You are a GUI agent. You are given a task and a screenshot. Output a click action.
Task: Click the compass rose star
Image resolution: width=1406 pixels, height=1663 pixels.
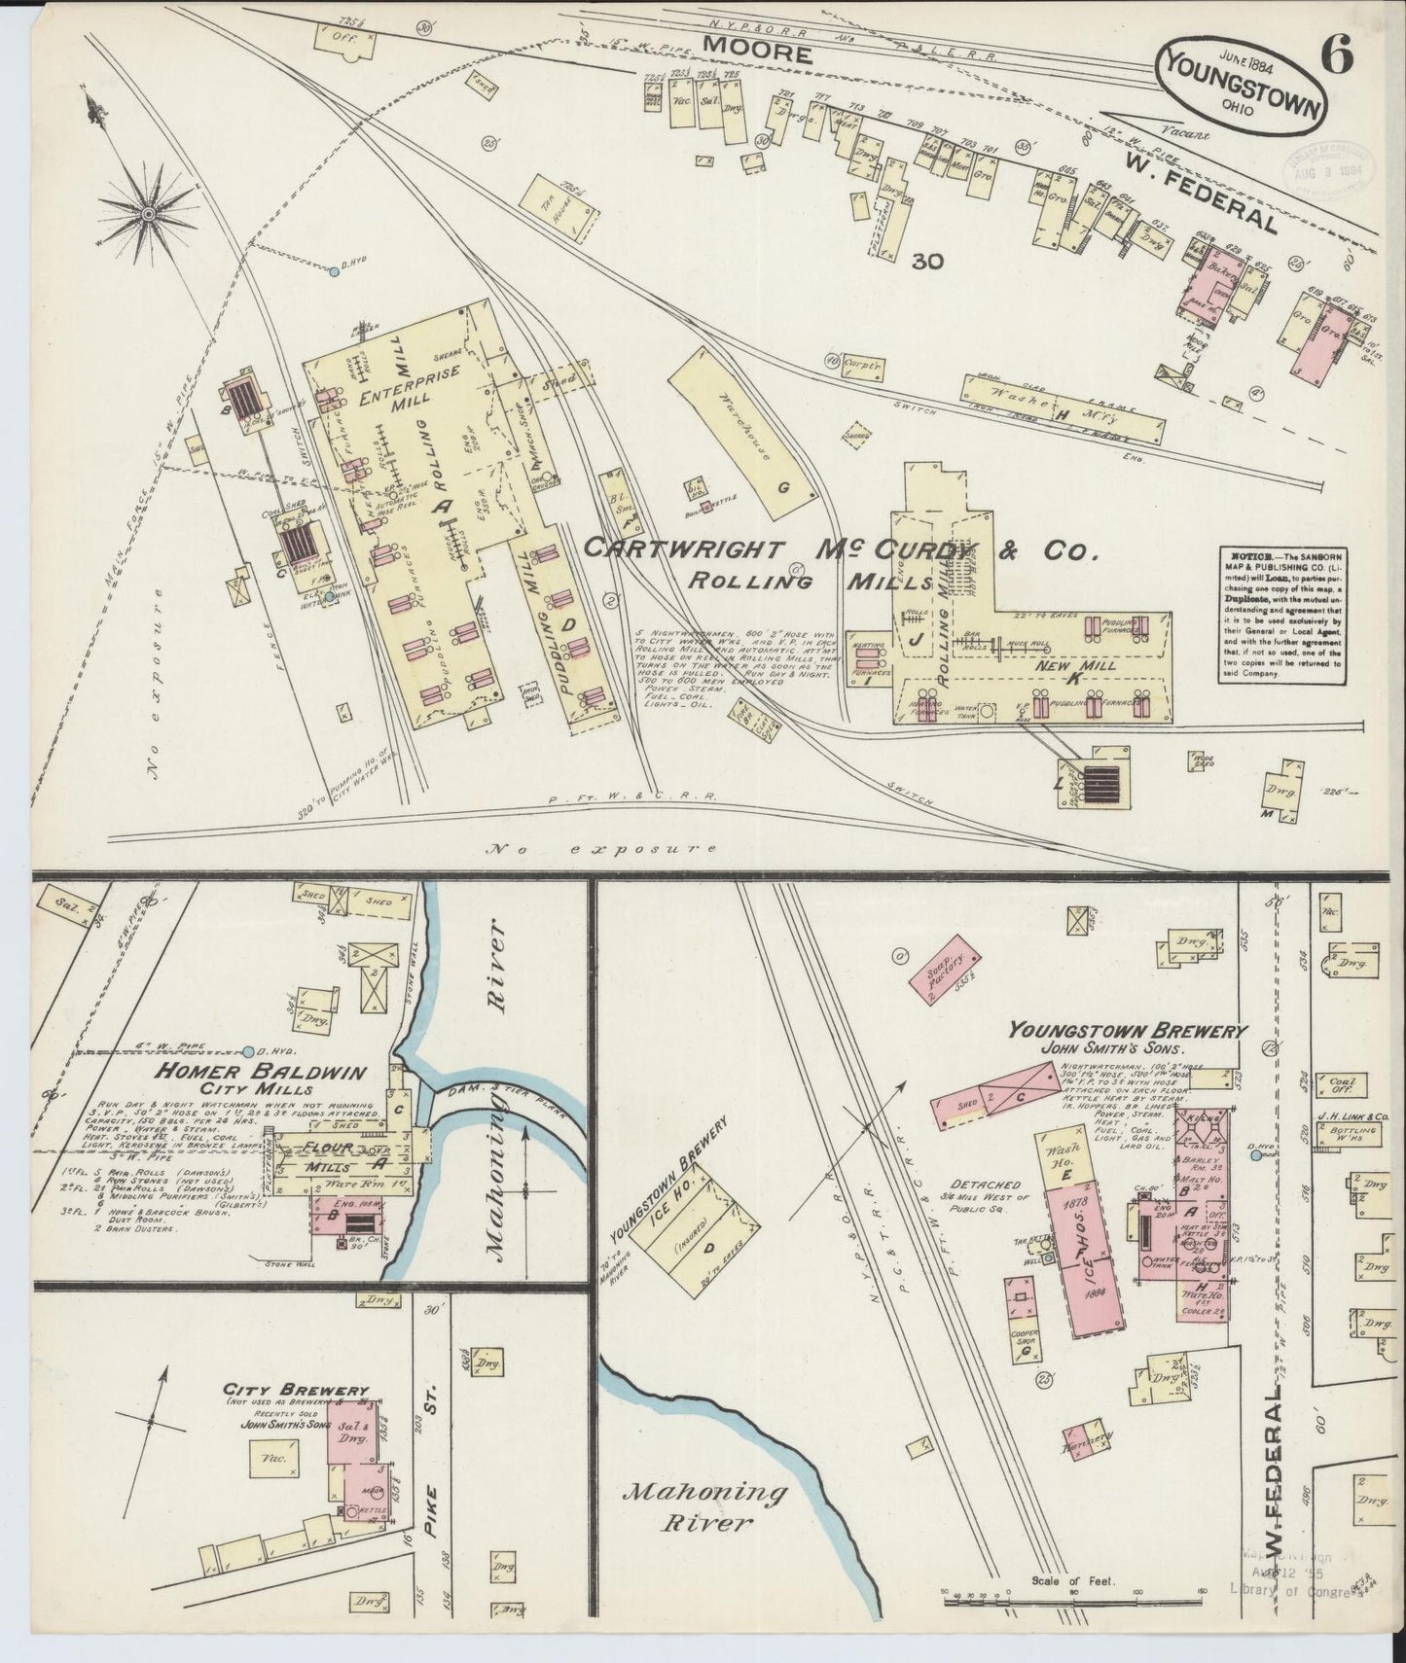(150, 210)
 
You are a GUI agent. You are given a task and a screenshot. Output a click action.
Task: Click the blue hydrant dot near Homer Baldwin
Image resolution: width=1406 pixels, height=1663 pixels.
(250, 1050)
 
